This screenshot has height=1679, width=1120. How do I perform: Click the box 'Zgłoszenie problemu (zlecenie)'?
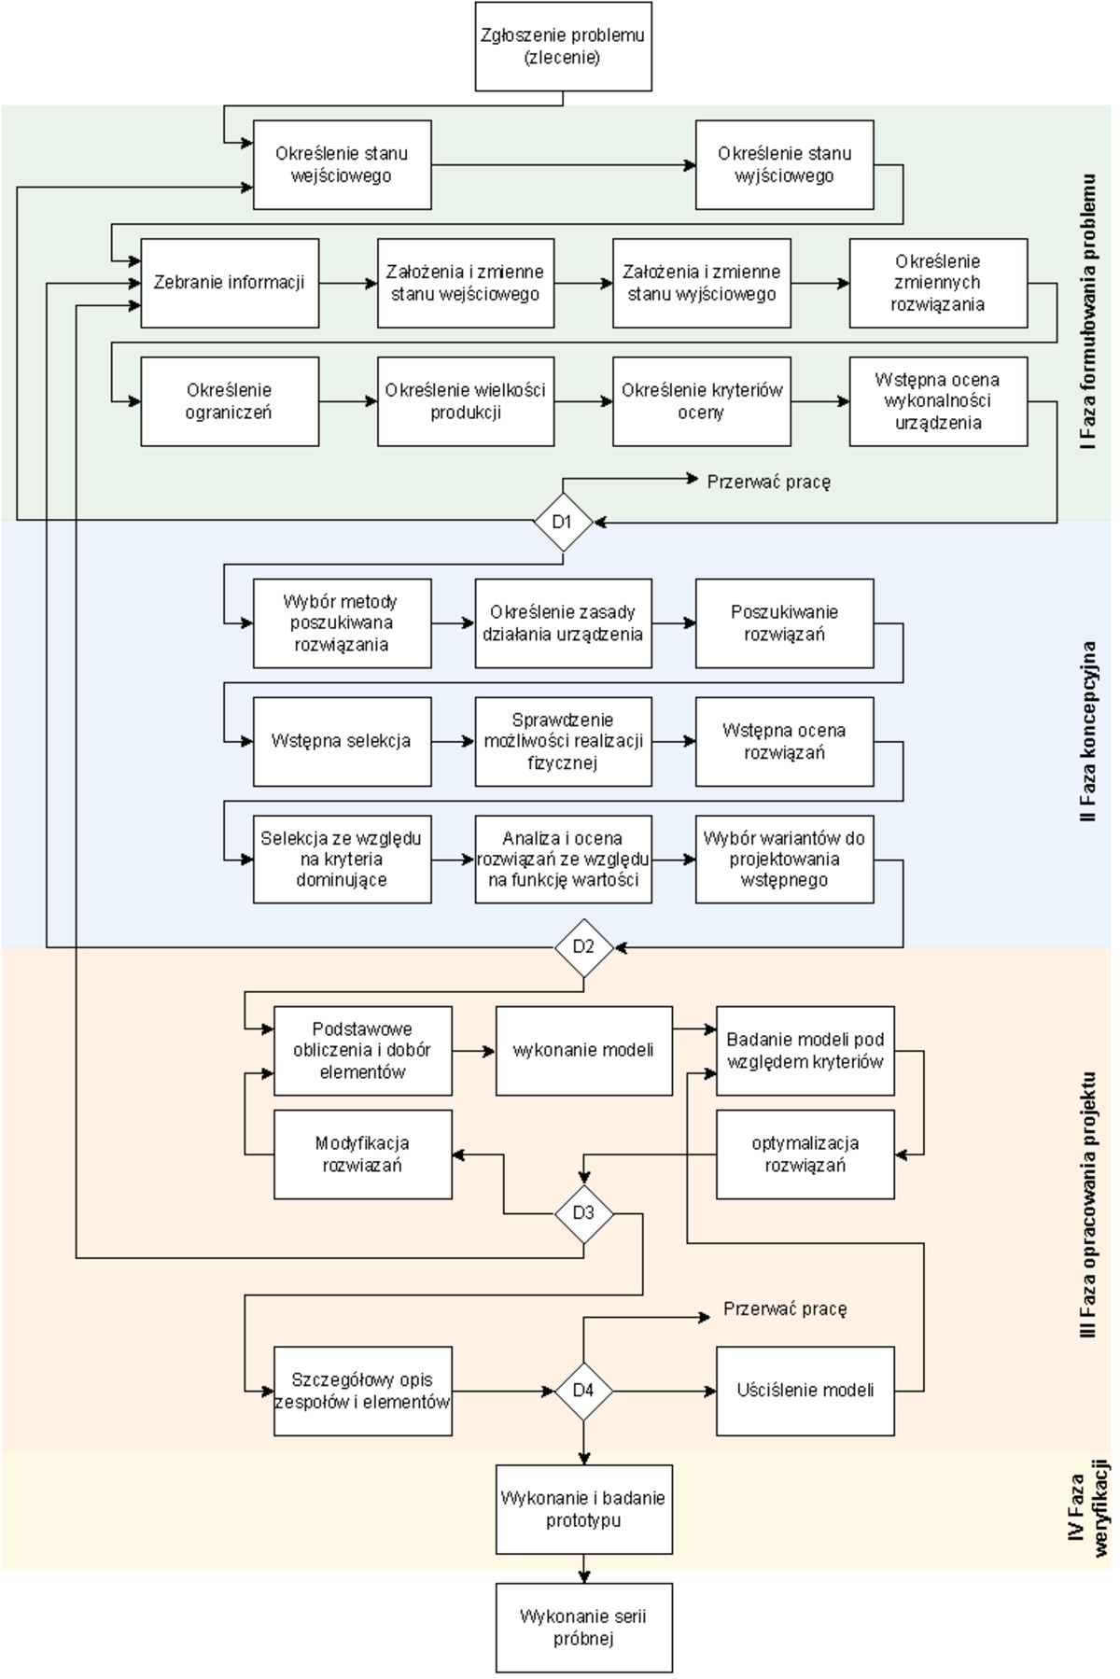pos(563,47)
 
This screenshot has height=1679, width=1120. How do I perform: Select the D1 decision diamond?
pos(563,522)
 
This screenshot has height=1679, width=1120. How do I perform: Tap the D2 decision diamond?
pos(583,947)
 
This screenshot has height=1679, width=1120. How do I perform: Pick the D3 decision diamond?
pos(583,1213)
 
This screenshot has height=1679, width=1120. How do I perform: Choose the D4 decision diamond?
pos(583,1391)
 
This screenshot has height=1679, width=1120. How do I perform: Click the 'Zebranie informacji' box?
pos(230,283)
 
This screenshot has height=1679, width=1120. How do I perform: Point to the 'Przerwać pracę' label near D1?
pos(768,482)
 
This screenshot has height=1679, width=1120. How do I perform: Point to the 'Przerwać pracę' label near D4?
pos(785,1309)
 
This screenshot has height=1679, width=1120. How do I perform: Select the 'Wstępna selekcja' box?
pos(342,741)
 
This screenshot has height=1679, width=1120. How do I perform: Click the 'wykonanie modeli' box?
pos(583,1050)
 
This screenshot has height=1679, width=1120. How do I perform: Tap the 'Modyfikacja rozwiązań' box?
pos(362,1154)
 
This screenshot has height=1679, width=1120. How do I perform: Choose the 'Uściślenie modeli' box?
pos(805,1391)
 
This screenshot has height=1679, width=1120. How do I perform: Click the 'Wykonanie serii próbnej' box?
pos(583,1627)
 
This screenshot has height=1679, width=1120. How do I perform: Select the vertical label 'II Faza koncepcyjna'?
pos(1088,732)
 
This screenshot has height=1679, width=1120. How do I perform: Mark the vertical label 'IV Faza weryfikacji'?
pos(1088,1510)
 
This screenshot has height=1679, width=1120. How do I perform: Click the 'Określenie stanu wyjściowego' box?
pos(784,165)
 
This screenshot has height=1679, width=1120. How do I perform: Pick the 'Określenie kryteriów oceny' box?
pos(701,401)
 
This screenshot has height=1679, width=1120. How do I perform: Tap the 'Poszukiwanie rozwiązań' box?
pos(784,623)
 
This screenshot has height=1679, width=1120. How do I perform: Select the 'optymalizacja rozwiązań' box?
pos(805,1154)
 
